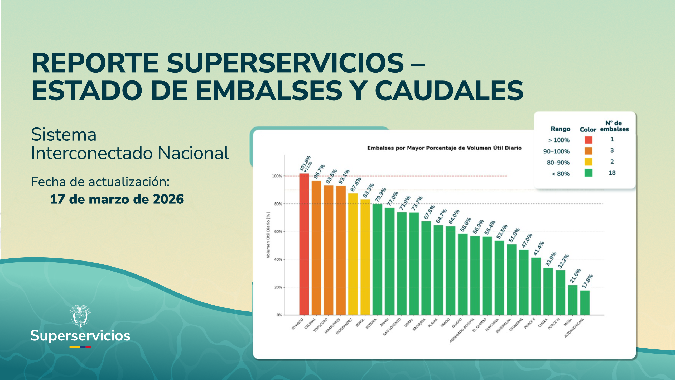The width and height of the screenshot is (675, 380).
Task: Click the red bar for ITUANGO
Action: (x=304, y=244)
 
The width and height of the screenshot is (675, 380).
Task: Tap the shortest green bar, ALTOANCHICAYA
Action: (x=585, y=303)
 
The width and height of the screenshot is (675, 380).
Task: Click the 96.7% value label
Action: (x=319, y=172)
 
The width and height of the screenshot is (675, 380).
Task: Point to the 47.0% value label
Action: (x=527, y=241)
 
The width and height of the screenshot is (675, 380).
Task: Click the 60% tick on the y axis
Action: (x=278, y=232)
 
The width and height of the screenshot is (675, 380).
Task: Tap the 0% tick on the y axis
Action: (x=279, y=315)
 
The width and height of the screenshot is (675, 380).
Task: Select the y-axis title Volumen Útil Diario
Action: (x=268, y=235)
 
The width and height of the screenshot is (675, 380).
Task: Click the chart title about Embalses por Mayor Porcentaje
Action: (x=444, y=148)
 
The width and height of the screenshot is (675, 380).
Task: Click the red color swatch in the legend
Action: (x=588, y=140)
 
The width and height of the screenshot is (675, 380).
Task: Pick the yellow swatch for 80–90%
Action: (x=588, y=162)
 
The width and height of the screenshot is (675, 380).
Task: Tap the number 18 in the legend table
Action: (x=612, y=173)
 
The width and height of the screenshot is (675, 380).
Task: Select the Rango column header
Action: (x=560, y=129)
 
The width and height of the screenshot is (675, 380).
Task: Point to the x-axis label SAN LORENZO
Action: (x=392, y=327)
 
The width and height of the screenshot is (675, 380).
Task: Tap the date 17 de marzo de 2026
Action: (x=117, y=199)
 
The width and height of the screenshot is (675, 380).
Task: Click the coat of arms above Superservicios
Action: (x=80, y=316)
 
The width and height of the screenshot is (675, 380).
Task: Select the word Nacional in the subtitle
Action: (x=193, y=153)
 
